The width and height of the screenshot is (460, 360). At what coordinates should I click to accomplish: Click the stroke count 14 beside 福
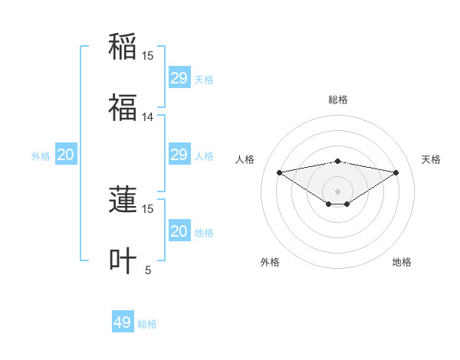pyautogui.click(x=148, y=117)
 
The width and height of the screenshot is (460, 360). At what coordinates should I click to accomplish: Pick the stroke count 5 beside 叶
pyautogui.click(x=148, y=270)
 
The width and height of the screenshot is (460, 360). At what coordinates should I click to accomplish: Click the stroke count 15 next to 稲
pyautogui.click(x=148, y=56)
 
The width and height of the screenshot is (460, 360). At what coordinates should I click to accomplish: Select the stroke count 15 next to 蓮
pyautogui.click(x=148, y=208)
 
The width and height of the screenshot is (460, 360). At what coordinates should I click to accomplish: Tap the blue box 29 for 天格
pyautogui.click(x=179, y=78)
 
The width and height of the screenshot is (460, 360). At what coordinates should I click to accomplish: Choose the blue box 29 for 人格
pyautogui.click(x=179, y=155)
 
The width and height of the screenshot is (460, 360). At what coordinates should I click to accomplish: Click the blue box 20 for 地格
pyautogui.click(x=179, y=231)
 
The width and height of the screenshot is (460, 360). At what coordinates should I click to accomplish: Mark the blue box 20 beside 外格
pyautogui.click(x=66, y=155)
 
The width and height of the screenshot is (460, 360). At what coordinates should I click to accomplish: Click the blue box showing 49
pyautogui.click(x=123, y=322)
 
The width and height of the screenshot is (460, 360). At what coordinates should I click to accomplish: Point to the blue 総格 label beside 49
pyautogui.click(x=147, y=324)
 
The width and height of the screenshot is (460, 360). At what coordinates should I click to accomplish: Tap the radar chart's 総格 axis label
pyautogui.click(x=338, y=100)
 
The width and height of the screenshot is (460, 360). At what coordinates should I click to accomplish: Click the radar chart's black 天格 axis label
pyautogui.click(x=431, y=159)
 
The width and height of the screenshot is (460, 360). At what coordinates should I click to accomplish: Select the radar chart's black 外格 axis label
pyautogui.click(x=270, y=262)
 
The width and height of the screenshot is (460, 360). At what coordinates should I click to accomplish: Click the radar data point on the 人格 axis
pyautogui.click(x=280, y=172)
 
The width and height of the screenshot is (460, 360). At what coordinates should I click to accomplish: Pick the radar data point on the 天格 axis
pyautogui.click(x=396, y=172)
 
